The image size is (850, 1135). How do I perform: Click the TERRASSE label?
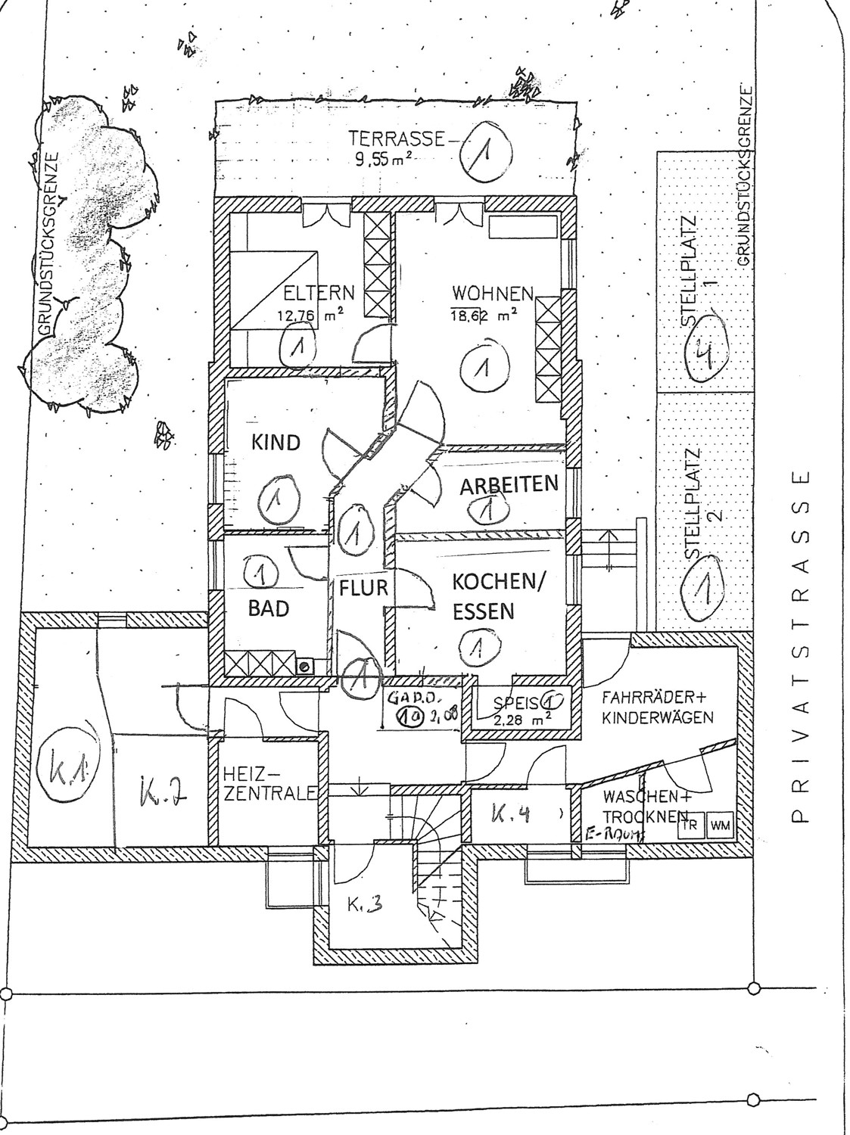pyautogui.click(x=395, y=138)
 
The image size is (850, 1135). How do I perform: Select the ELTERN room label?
pyautogui.click(x=318, y=292)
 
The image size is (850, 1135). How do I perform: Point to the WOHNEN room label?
pyautogui.click(x=493, y=292)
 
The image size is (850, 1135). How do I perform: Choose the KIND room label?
pyautogui.click(x=276, y=443)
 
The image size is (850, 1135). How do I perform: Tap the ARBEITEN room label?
pyautogui.click(x=509, y=484)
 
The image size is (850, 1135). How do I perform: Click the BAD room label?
pyautogui.click(x=269, y=608)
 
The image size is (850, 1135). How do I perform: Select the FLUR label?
pyautogui.click(x=363, y=587)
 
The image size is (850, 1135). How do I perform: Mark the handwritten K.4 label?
pyautogui.click(x=509, y=815)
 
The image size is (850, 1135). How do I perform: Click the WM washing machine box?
pyautogui.click(x=721, y=826)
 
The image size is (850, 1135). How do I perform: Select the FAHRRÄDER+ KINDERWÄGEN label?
pyautogui.click(x=658, y=707)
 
